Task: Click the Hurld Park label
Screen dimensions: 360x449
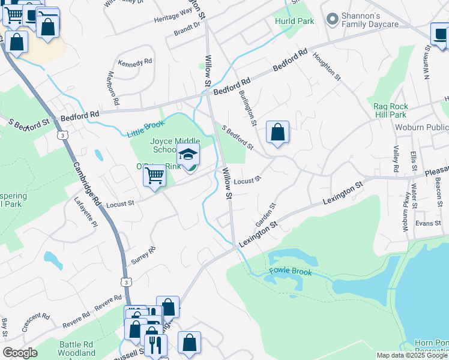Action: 287,21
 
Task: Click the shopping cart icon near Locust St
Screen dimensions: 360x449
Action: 155,176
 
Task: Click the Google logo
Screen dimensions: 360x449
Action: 20,353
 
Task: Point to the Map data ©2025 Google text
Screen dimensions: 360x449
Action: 411,355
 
